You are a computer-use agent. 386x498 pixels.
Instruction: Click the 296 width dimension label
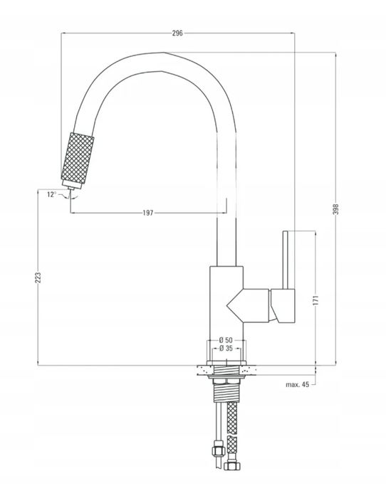tap(177, 33)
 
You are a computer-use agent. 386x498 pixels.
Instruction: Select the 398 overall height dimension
tap(335, 208)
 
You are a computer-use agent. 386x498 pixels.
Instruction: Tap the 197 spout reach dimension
tap(148, 213)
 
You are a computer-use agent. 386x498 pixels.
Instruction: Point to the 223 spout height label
tap(38, 277)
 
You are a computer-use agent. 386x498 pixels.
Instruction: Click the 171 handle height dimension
tap(315, 300)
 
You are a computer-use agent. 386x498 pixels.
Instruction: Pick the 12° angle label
tap(51, 194)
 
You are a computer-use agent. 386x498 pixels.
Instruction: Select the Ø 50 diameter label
tap(226, 340)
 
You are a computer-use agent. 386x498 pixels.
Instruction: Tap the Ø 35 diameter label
tap(226, 349)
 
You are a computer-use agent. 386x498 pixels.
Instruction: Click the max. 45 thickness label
tap(297, 385)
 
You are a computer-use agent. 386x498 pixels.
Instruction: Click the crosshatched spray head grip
tap(78, 158)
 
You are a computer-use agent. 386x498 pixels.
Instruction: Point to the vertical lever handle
tap(285, 260)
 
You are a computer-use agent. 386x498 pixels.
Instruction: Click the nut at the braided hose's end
tap(232, 466)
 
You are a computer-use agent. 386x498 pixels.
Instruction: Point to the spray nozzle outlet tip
tap(71, 189)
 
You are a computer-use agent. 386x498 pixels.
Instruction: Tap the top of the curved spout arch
tap(163, 53)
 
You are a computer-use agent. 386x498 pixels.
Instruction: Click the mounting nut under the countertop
tap(226, 377)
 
